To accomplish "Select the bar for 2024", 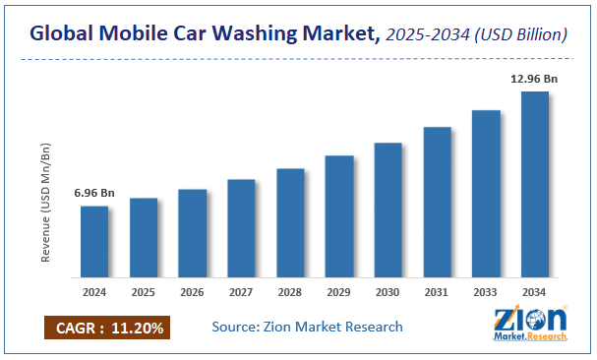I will [94, 241].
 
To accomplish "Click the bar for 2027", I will [241, 227].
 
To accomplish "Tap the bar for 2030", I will [388, 210].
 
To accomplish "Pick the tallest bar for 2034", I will [535, 184].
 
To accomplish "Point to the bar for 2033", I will [486, 193].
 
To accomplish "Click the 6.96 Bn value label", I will [94, 193].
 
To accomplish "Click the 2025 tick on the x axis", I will [144, 291].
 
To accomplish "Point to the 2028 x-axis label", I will [290, 291].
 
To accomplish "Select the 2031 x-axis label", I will [438, 291].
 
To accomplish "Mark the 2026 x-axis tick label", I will [193, 291].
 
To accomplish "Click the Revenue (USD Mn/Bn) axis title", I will [45, 203].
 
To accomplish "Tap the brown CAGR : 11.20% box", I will [106, 327].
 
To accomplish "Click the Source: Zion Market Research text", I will [307, 327].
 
